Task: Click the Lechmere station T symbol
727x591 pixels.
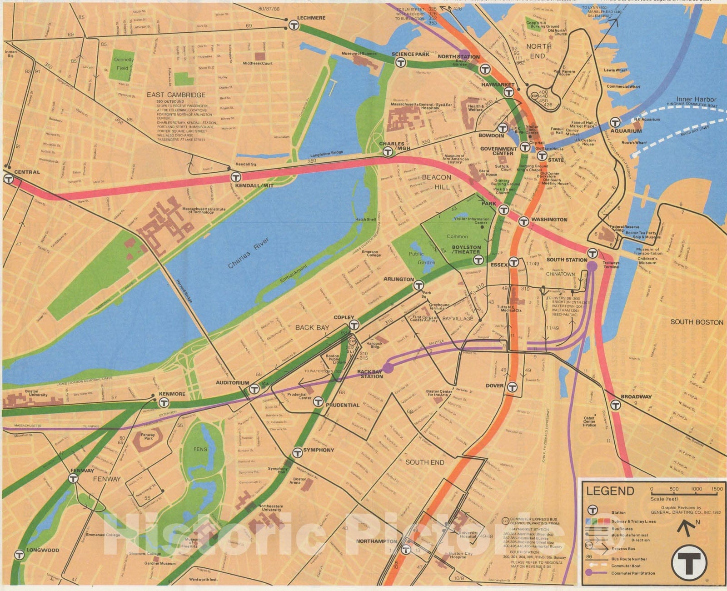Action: (294, 25)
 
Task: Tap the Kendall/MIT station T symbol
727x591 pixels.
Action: (235, 177)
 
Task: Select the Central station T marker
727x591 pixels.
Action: (9, 179)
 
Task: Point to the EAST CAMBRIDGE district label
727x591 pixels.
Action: (176, 95)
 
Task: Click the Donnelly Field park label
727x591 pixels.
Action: (124, 64)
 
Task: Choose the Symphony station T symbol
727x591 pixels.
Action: (297, 452)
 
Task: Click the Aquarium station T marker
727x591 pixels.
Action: (615, 122)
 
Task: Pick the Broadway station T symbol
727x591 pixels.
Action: (615, 405)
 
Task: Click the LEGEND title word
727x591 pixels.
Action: (610, 491)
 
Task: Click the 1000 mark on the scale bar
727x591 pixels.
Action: (696, 489)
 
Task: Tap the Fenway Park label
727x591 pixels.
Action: (148, 436)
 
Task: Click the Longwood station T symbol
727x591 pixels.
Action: (19, 555)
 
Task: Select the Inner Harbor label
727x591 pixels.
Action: (696, 99)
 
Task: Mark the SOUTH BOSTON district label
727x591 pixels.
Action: (697, 322)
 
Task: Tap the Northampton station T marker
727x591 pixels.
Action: (406, 549)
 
